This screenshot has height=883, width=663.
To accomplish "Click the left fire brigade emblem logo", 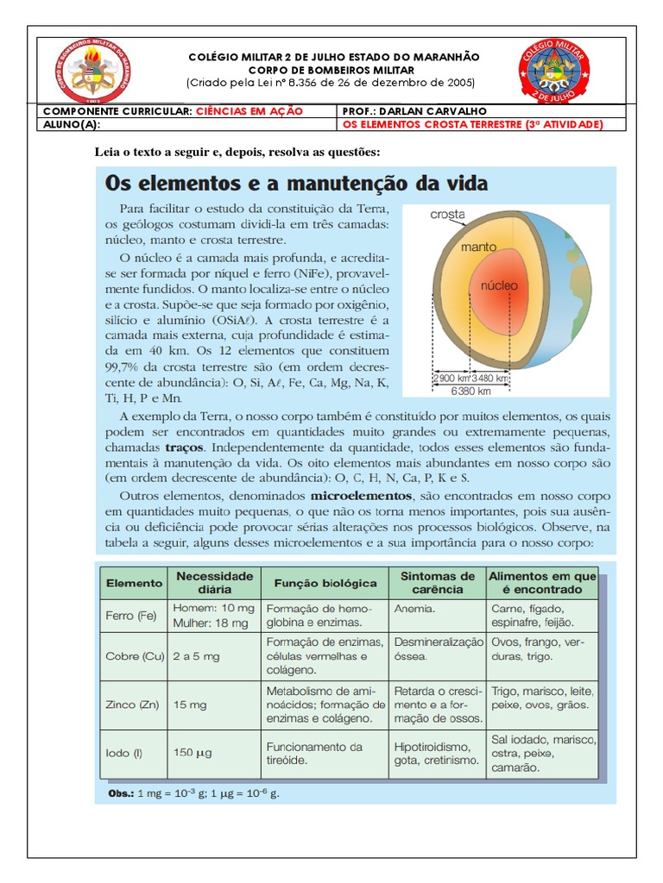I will pyautogui.click(x=89, y=72).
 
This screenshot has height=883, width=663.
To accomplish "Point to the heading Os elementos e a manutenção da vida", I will pyautogui.click(x=296, y=184).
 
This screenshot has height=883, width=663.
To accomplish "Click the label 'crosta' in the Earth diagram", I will pyautogui.click(x=447, y=214).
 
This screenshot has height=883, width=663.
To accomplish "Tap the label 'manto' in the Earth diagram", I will pyautogui.click(x=478, y=247).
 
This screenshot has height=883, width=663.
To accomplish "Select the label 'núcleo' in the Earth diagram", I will pyautogui.click(x=499, y=284).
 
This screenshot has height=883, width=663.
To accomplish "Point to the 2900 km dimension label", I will pyautogui.click(x=450, y=378).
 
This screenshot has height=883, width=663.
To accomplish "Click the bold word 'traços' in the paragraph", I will pyautogui.click(x=185, y=448).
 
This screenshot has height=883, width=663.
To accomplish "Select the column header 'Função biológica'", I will pyautogui.click(x=325, y=583).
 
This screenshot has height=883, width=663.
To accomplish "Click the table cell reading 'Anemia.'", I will pyautogui.click(x=414, y=607).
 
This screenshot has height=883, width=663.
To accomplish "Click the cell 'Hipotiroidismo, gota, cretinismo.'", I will pyautogui.click(x=436, y=753).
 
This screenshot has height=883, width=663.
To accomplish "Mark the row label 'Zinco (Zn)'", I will pyautogui.click(x=133, y=705).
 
